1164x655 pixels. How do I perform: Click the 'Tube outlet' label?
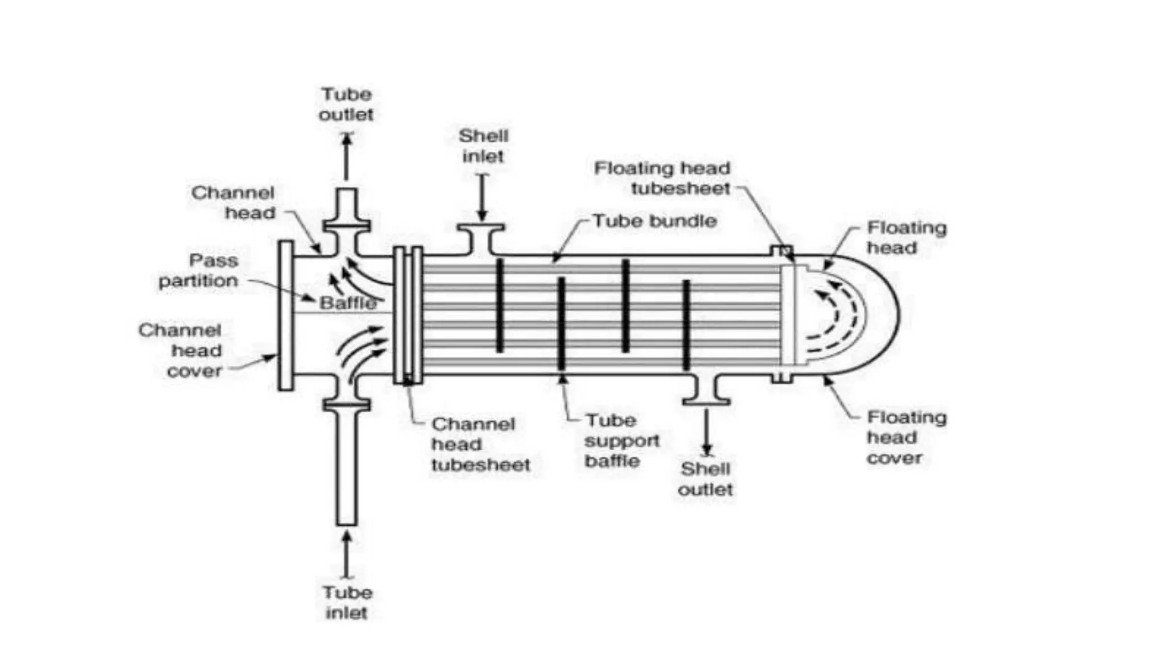(x=346, y=104)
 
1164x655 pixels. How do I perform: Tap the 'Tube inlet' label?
(x=347, y=603)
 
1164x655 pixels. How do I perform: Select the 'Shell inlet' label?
(x=483, y=146)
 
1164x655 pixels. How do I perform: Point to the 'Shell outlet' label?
(x=705, y=479)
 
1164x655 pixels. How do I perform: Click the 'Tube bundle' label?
(x=655, y=221)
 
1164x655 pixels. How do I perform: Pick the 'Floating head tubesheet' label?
(x=662, y=178)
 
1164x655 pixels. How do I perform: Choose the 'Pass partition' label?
(x=198, y=271)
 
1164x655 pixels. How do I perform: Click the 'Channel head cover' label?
(x=181, y=351)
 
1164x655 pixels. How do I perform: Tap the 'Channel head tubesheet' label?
(x=480, y=445)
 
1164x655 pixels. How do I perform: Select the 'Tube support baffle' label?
(x=622, y=441)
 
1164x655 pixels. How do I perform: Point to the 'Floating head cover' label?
(x=906, y=438)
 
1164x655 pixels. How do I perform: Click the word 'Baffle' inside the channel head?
(x=348, y=303)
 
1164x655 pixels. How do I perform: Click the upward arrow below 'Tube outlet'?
(x=347, y=156)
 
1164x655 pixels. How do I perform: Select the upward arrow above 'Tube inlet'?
(x=346, y=554)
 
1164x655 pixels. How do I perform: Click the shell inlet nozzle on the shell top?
(x=481, y=239)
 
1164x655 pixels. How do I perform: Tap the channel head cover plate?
(x=285, y=316)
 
